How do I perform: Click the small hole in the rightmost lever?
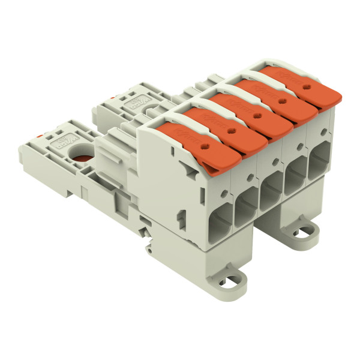click(306, 86)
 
